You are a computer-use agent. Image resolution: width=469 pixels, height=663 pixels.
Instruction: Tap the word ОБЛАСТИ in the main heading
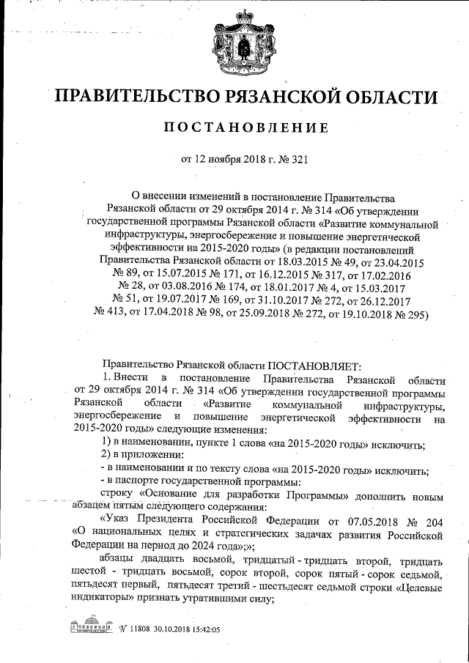(387, 97)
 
